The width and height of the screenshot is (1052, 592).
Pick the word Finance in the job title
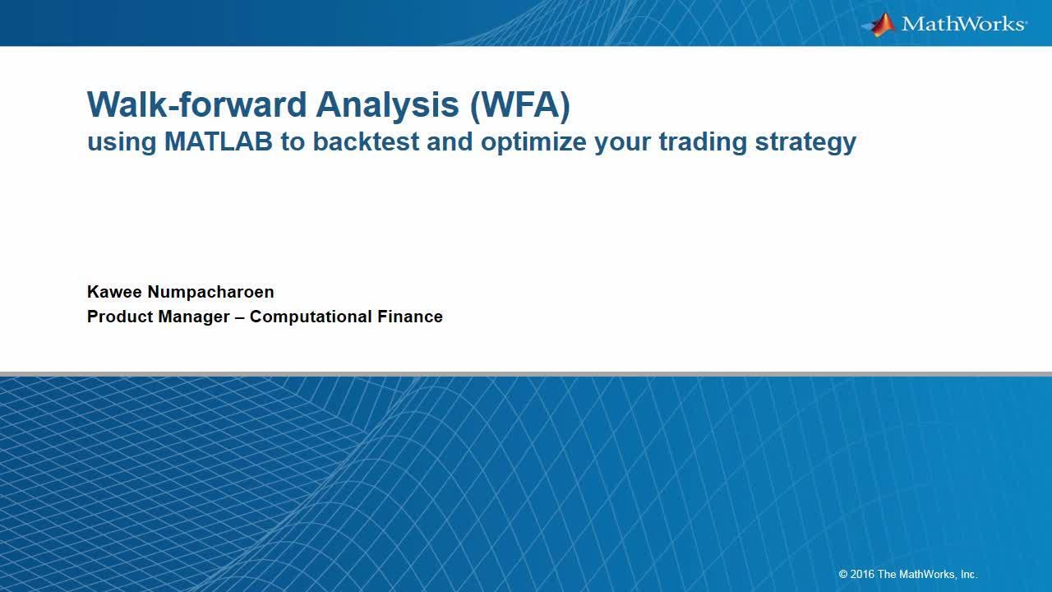(x=410, y=317)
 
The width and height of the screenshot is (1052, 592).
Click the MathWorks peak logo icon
(x=879, y=24)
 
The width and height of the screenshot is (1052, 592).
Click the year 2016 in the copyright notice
(x=863, y=575)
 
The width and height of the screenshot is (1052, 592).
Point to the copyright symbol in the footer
(x=843, y=575)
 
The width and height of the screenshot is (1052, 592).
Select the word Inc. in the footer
(x=968, y=575)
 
